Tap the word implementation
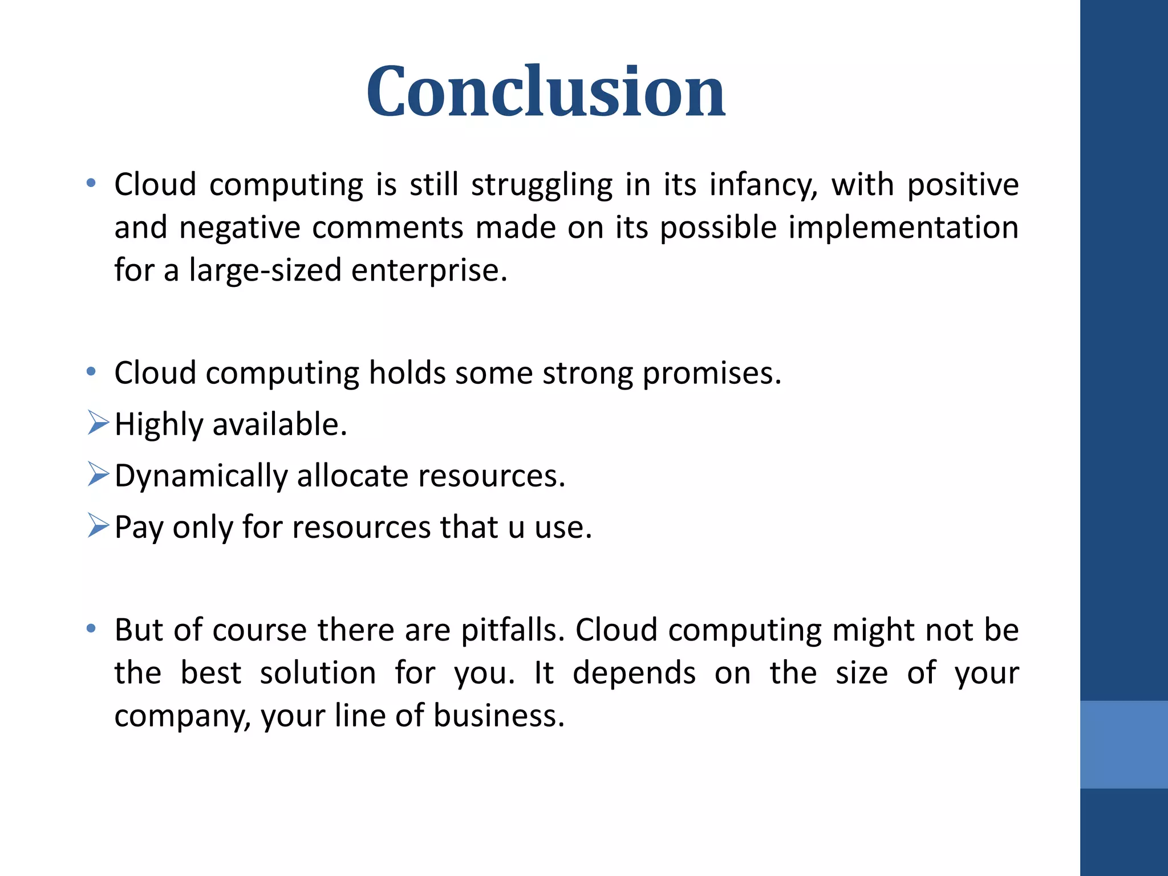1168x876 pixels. pos(903,228)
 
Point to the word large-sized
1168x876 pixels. pos(265,270)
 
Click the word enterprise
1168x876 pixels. pos(429,270)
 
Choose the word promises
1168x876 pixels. pos(712,374)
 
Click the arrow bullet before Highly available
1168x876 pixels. pos(98,424)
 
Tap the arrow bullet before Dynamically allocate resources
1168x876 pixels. pos(98,475)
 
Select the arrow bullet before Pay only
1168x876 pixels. pos(98,526)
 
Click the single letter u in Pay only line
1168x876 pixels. pos(516,528)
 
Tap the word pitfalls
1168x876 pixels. pos(513,631)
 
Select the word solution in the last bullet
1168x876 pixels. pos(318,674)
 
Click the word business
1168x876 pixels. pos(499,716)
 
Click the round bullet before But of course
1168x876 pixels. pos(91,630)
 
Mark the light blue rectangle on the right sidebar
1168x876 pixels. pos(1124,744)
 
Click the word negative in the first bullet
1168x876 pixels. pos(240,228)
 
